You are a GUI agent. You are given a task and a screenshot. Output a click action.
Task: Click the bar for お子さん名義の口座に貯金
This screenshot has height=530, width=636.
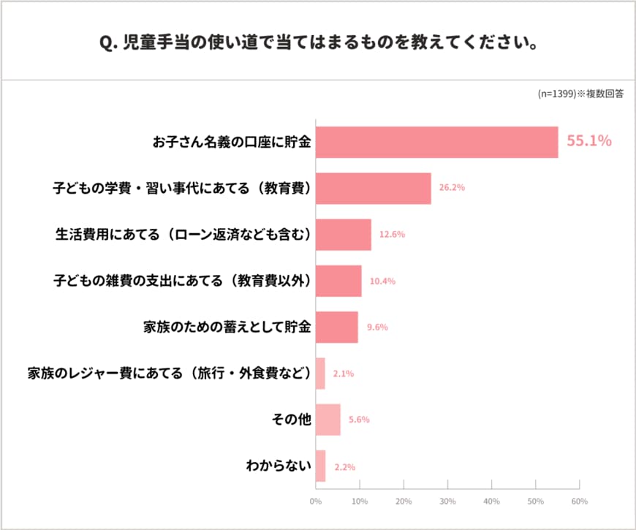coord(436,142)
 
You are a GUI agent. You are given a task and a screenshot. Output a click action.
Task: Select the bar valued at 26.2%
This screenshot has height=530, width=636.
coord(373,188)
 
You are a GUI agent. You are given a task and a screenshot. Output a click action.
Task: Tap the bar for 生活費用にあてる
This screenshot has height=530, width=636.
coord(343,235)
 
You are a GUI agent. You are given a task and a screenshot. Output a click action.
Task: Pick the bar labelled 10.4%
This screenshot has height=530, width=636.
coord(338,281)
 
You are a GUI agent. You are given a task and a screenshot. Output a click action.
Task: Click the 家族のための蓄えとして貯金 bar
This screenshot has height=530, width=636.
coord(336,327)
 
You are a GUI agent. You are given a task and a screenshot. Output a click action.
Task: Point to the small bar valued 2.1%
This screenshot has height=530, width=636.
coord(320,374)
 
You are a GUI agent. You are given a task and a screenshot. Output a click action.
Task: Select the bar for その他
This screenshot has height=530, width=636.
coord(328,420)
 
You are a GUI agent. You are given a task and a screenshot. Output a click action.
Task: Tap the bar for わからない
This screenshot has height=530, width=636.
coord(320,466)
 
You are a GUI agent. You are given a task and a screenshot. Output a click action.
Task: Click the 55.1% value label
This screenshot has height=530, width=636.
coord(589,142)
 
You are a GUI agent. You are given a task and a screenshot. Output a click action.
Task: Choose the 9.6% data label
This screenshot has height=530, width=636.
coord(376,328)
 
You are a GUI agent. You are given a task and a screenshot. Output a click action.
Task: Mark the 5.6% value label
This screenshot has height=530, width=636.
coord(359,420)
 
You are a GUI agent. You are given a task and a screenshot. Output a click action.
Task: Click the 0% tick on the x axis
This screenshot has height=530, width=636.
coord(316,501)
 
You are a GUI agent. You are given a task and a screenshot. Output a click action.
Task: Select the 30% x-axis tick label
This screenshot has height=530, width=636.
coord(447,501)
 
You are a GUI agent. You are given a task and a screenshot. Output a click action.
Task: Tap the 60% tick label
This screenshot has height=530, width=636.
coord(579,501)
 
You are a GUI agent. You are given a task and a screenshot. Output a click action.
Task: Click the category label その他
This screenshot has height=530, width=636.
coord(292,420)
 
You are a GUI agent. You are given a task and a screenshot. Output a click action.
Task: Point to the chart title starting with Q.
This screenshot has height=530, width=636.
coord(318,41)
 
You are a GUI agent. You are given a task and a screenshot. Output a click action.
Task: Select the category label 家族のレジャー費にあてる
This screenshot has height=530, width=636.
coord(170,374)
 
